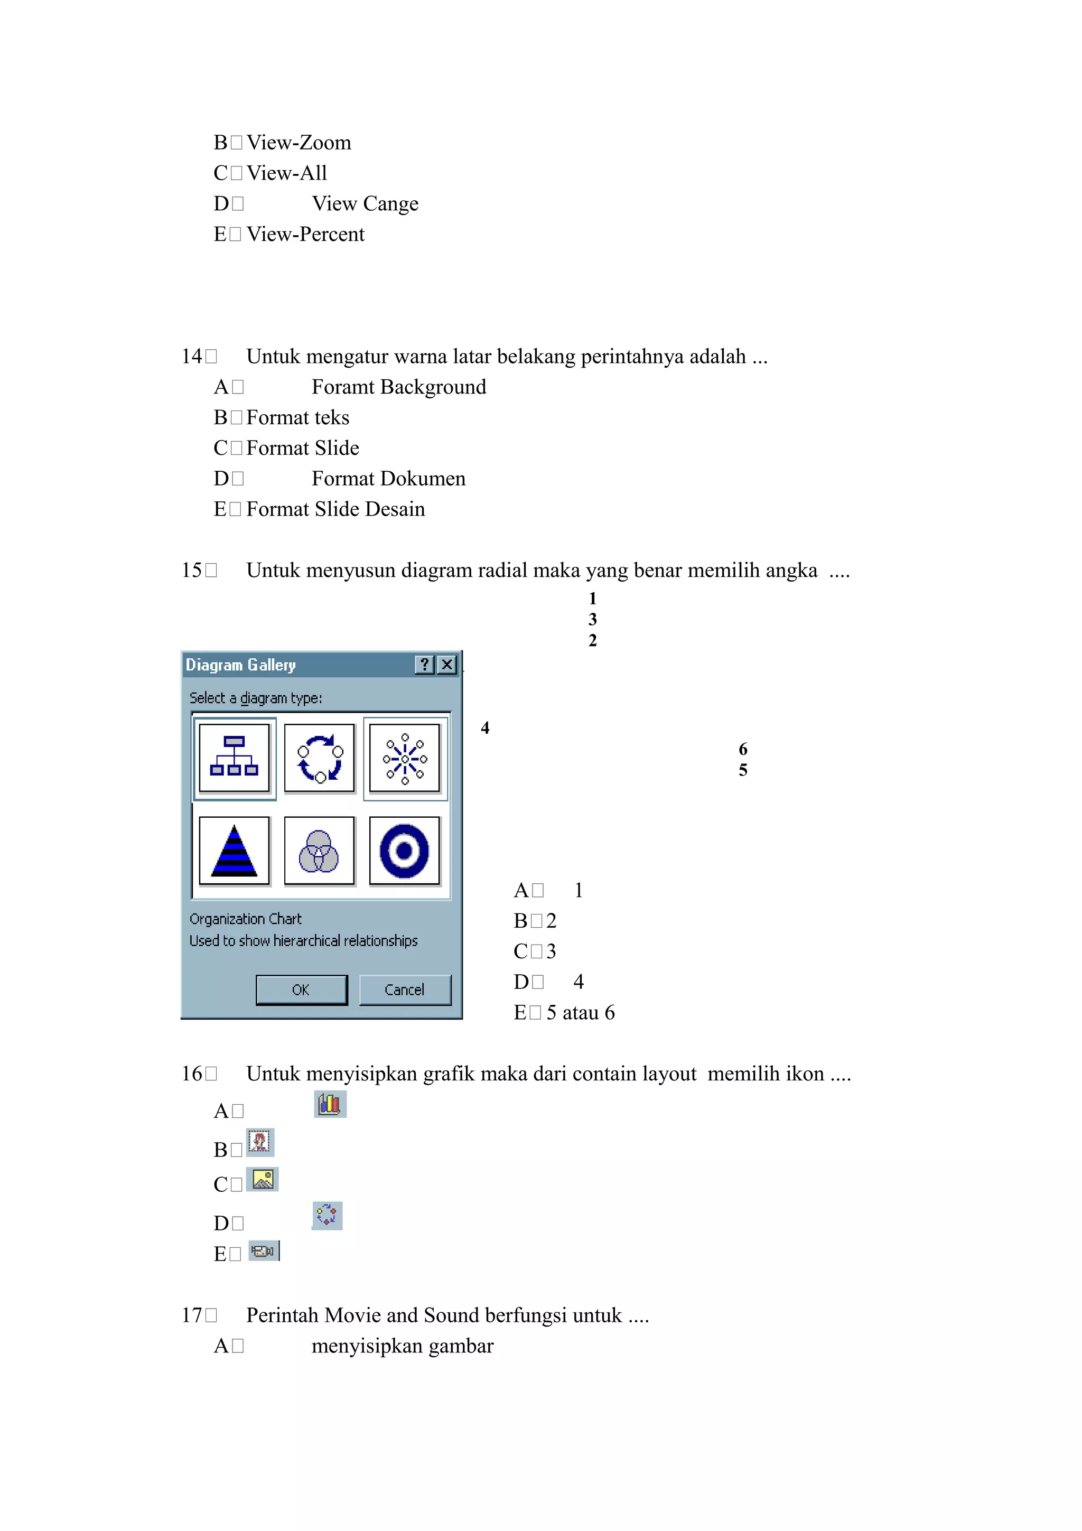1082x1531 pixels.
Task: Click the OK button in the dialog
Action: [x=301, y=989]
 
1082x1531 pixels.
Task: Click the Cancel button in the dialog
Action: [x=405, y=989]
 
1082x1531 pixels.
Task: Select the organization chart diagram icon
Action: [x=234, y=758]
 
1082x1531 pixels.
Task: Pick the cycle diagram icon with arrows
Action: [x=319, y=758]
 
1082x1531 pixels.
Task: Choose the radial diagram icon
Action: [x=405, y=758]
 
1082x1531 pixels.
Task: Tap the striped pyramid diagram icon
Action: [x=234, y=851]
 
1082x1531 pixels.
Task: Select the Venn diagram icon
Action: [x=319, y=851]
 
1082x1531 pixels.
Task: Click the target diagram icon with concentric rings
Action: [x=405, y=851]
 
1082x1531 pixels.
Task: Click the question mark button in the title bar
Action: [x=425, y=664]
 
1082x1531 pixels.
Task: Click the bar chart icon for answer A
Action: [x=330, y=1105]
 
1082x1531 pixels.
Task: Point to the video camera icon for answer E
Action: [x=263, y=1251]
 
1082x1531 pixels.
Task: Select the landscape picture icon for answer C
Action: [x=263, y=1180]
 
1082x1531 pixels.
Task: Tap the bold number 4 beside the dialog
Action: [x=486, y=727]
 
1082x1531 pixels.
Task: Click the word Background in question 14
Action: [x=433, y=387]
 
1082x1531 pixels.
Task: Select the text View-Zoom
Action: [x=299, y=143]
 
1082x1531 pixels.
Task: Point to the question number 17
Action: [x=191, y=1315]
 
